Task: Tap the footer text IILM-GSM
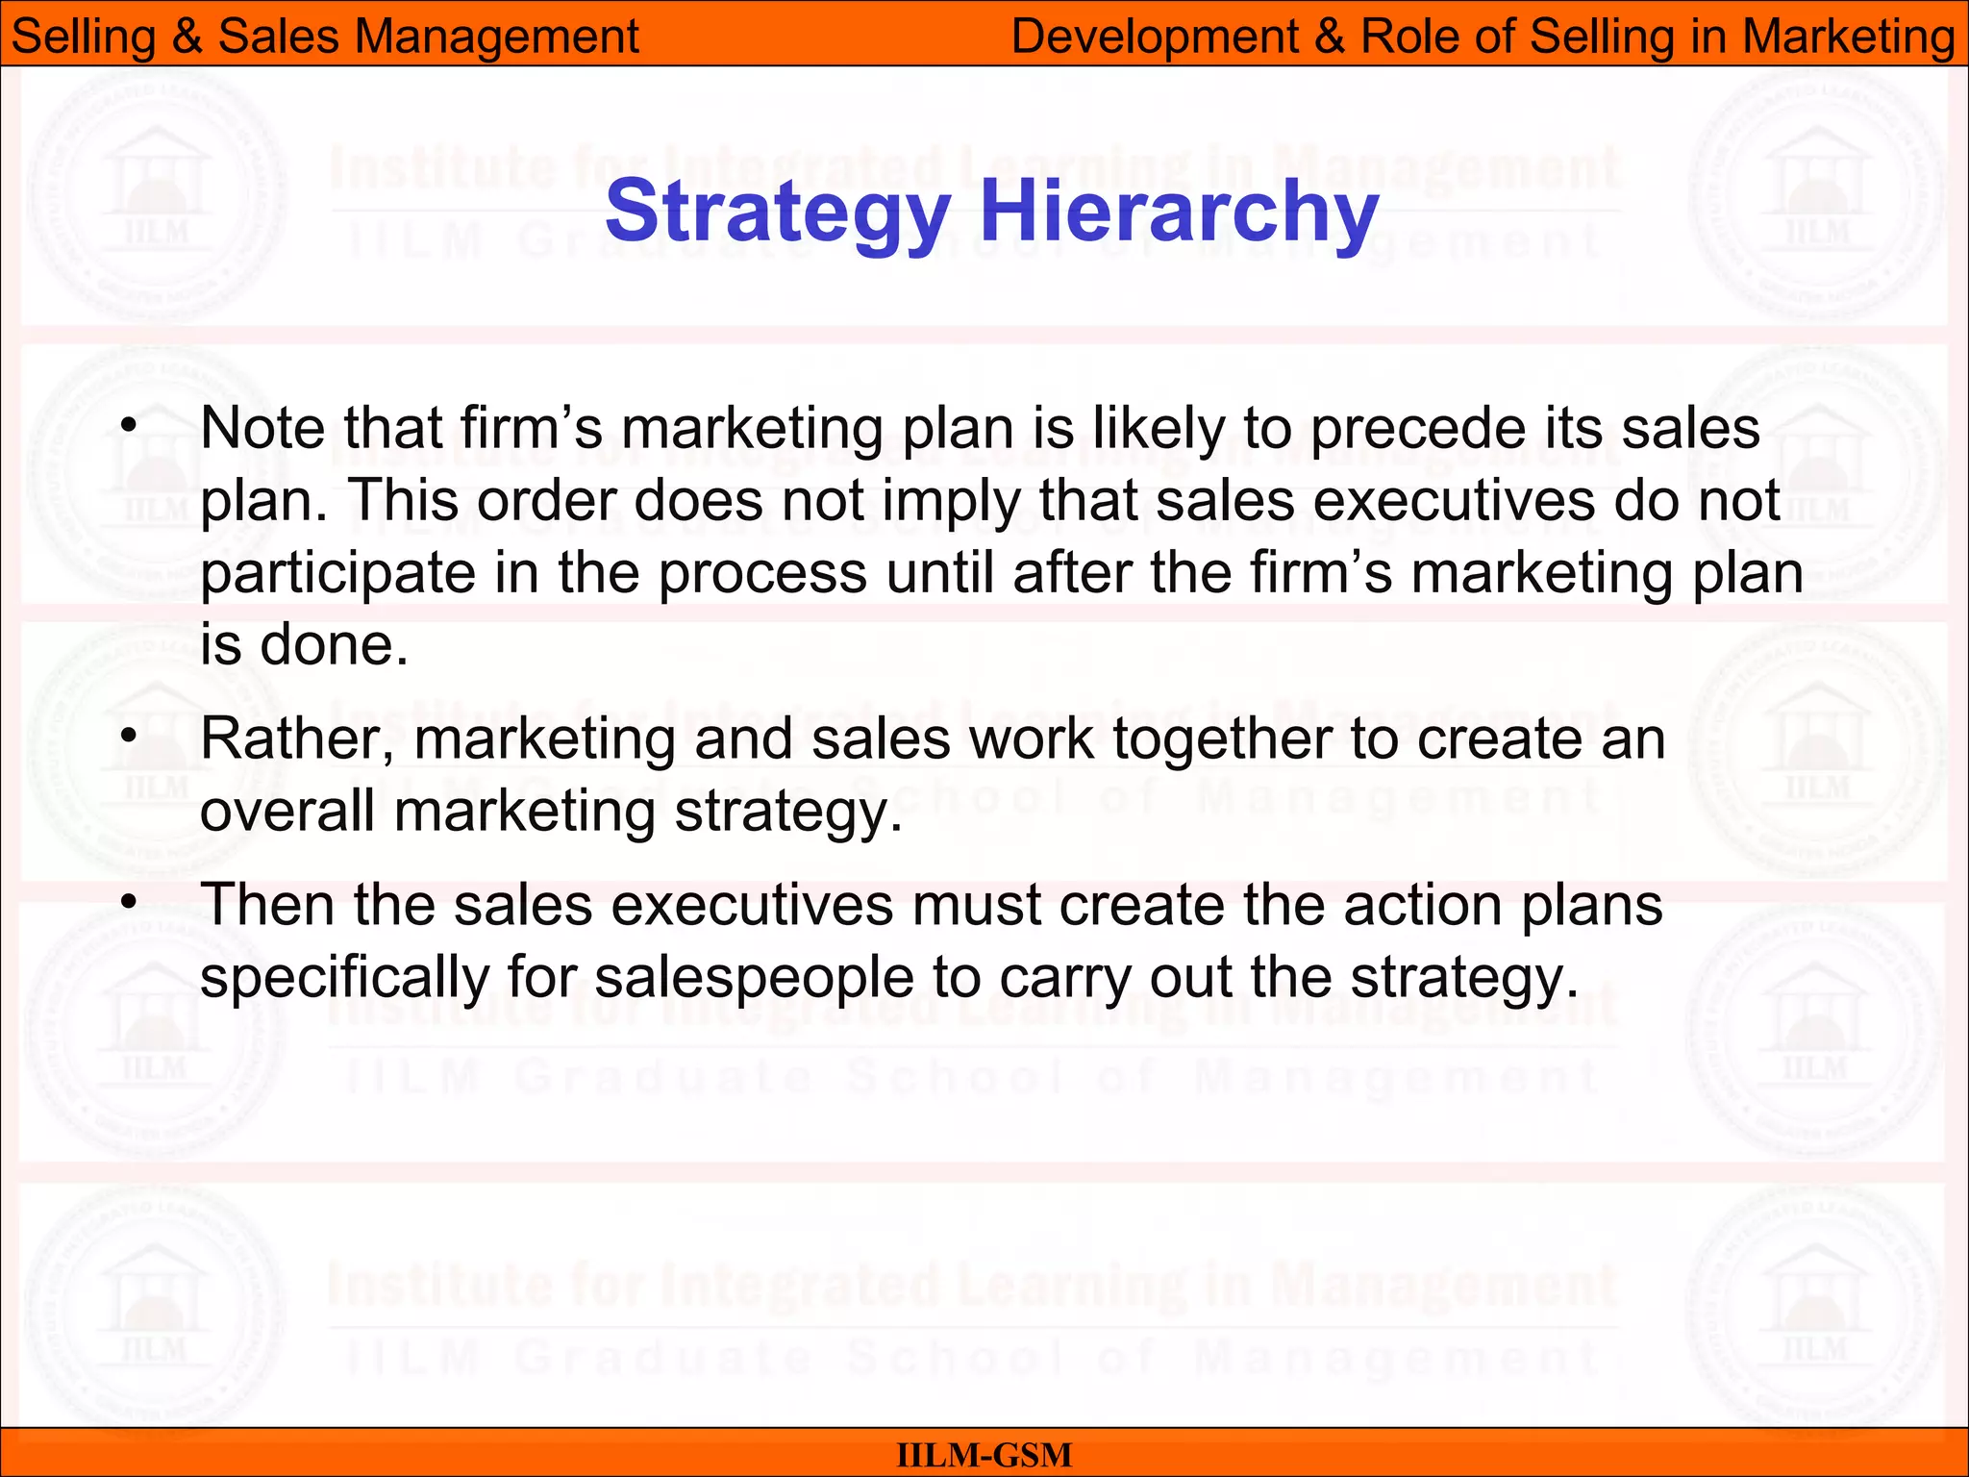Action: click(984, 1455)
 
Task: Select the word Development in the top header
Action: click(1155, 37)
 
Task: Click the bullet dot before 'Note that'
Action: click(130, 425)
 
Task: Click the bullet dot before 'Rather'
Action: click(130, 737)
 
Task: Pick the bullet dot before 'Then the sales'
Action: click(130, 904)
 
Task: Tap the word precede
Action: click(1419, 429)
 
